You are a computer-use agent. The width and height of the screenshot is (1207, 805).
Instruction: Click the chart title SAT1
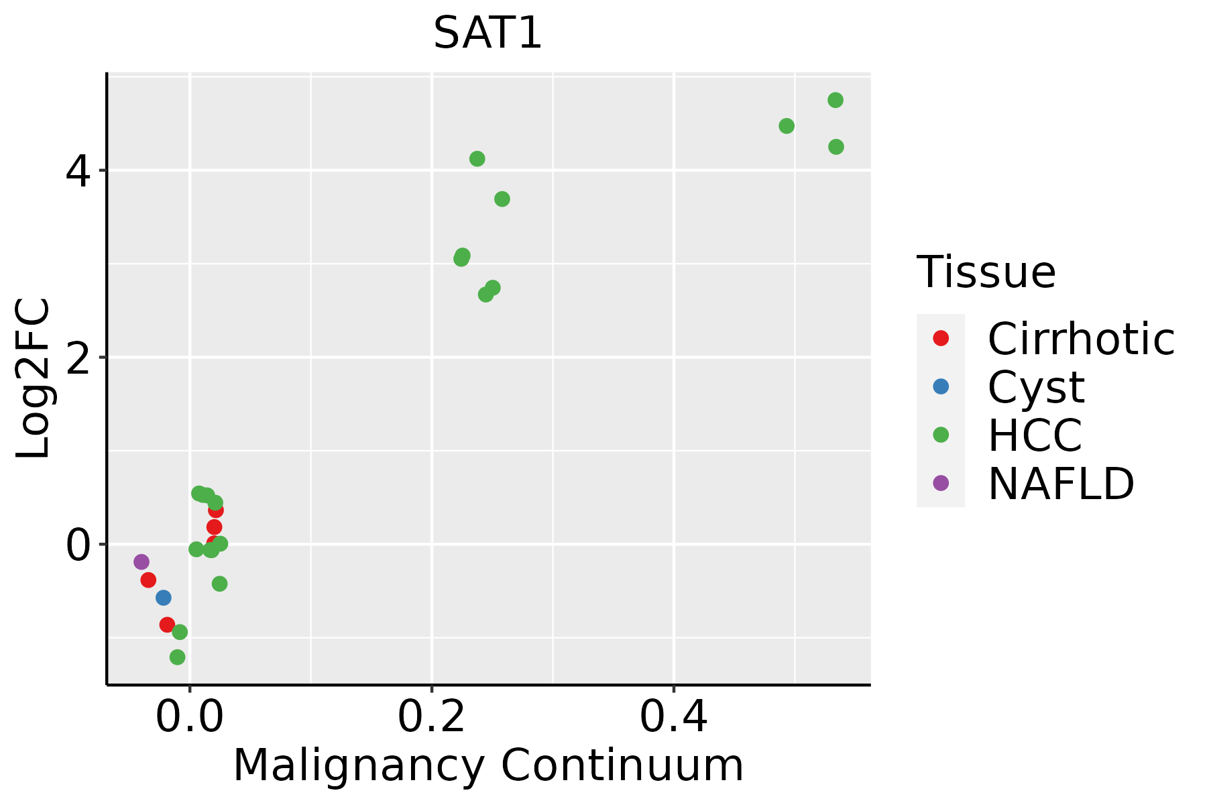click(x=487, y=34)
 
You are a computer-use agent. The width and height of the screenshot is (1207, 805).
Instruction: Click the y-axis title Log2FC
click(x=34, y=379)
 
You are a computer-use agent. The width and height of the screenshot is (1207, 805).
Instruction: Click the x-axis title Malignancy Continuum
click(x=487, y=765)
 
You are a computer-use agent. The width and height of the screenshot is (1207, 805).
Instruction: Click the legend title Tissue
click(x=986, y=272)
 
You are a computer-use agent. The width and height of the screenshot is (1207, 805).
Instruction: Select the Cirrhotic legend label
click(x=1081, y=339)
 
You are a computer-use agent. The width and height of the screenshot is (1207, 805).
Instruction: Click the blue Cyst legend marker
click(x=941, y=386)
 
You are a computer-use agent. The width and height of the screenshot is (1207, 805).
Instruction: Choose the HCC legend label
click(x=1035, y=435)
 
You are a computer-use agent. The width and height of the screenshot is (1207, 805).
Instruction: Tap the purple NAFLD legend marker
click(x=941, y=482)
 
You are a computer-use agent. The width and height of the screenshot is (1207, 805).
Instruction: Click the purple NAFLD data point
click(x=141, y=561)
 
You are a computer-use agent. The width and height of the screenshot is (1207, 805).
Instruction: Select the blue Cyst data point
click(x=163, y=597)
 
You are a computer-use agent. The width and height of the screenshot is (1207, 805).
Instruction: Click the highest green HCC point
click(x=836, y=100)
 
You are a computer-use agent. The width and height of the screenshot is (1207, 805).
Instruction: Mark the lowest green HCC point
click(x=178, y=657)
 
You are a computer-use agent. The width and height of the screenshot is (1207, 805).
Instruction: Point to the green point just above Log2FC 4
click(x=477, y=159)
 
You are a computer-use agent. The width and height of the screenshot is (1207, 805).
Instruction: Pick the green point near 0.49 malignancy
click(x=787, y=126)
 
